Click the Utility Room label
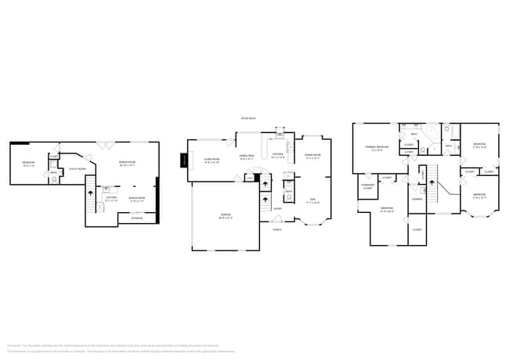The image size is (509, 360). pos(77,168)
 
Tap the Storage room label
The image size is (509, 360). pos(137,218)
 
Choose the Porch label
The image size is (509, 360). pos(277,229)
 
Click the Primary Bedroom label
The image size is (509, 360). pos(377,148)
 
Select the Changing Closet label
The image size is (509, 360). pos(367,186)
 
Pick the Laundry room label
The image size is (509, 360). pos(417,199)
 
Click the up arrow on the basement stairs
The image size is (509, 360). pos(90,190)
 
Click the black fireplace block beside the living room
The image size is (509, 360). pos(184,160)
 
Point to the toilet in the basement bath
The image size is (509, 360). pos(54,180)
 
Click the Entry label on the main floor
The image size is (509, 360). pos(277,208)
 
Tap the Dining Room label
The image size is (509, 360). pos(312,155)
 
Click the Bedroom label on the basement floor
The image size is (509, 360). pos(29,163)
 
